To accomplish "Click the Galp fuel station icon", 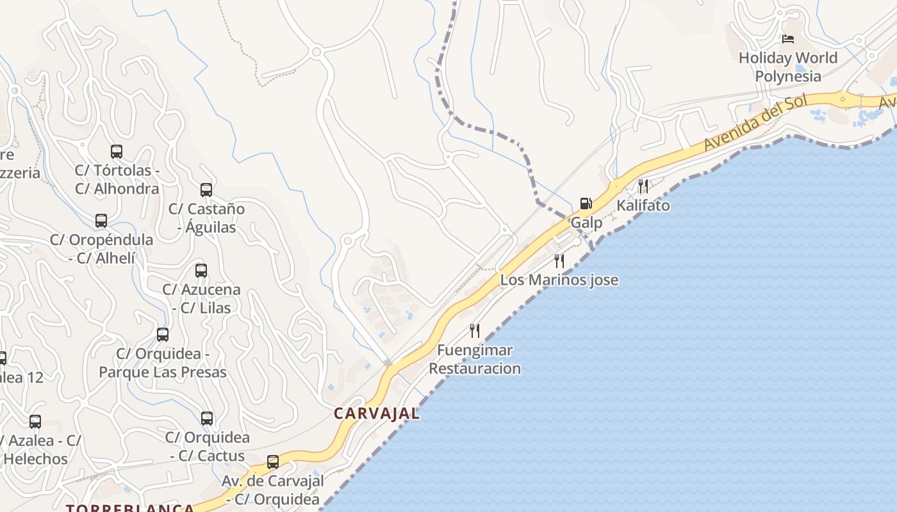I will (x=586, y=204).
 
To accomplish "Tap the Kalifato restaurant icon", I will (x=643, y=186).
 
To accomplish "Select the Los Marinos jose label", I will (x=559, y=280).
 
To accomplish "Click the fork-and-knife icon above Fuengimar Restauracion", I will (x=475, y=330).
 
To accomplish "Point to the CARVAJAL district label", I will (x=377, y=413).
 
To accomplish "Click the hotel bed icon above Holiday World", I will (x=788, y=39).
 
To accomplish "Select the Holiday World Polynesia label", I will (x=788, y=67).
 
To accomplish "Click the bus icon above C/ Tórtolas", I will (x=117, y=152).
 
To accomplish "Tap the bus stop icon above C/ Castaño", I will (x=206, y=190).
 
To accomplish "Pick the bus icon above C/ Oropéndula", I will (x=101, y=221).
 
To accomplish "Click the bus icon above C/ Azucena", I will (x=201, y=270).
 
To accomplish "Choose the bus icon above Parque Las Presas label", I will (x=163, y=334).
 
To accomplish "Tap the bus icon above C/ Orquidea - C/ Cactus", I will (x=207, y=419).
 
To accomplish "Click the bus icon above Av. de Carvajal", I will (x=273, y=461).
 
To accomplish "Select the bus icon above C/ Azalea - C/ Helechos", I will (x=35, y=422).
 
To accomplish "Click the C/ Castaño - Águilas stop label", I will (x=206, y=218).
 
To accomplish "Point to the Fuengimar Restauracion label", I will (x=475, y=359).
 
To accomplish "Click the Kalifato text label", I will (x=643, y=205).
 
